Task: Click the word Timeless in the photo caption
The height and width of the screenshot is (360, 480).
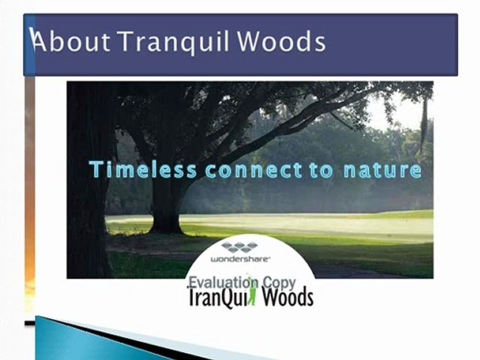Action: [143, 170]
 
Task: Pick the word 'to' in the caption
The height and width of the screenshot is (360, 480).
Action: [321, 170]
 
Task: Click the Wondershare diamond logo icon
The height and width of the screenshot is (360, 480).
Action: [239, 246]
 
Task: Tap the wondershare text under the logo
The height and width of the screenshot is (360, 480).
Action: [239, 259]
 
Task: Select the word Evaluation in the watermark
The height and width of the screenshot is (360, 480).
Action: [222, 283]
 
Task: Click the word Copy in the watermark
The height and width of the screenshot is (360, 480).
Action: [279, 283]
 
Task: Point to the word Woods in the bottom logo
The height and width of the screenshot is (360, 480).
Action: [287, 297]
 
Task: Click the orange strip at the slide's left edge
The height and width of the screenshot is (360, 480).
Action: [29, 200]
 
